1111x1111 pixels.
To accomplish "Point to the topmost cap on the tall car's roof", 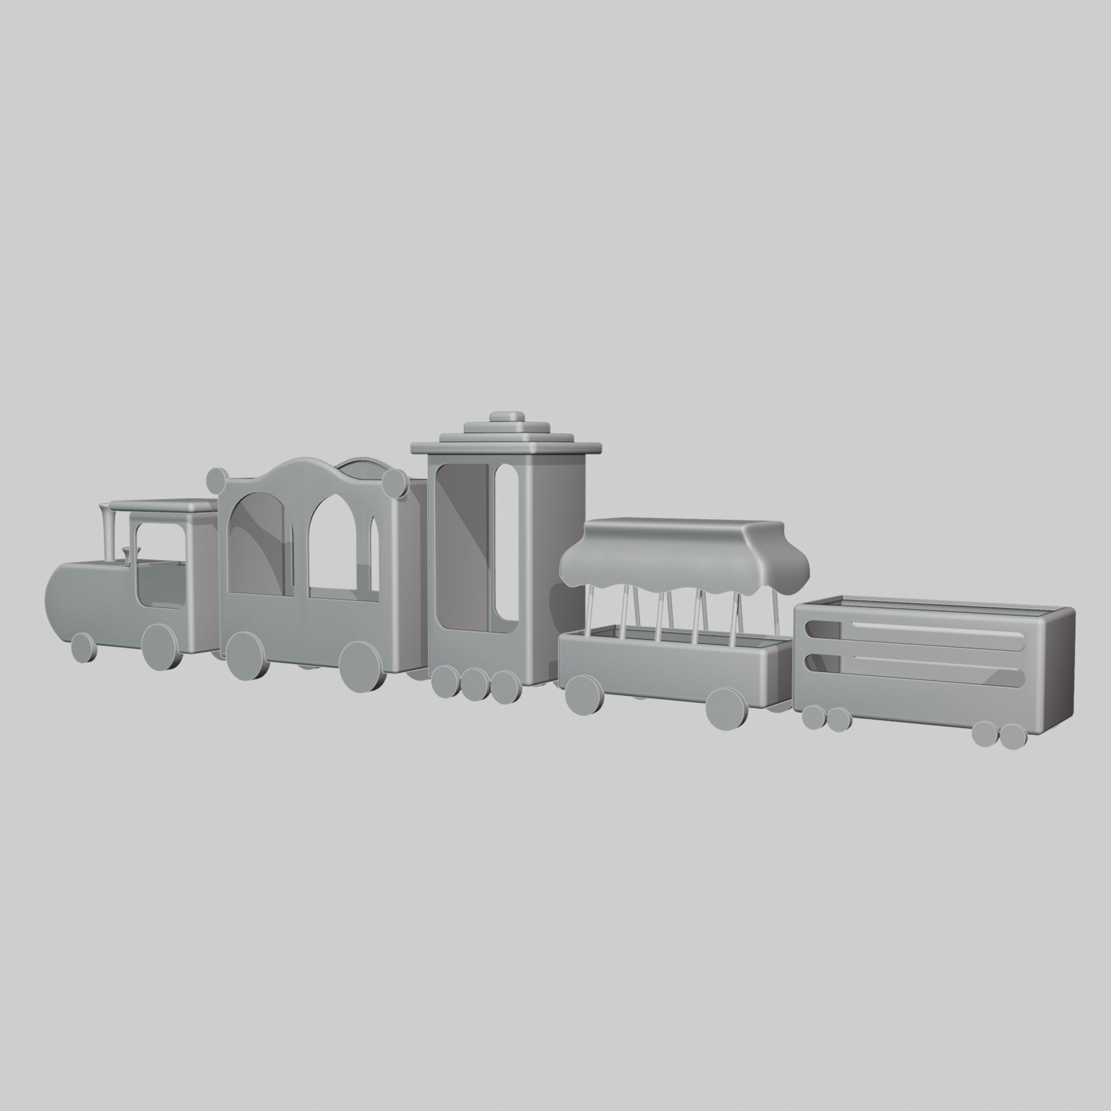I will (x=506, y=418).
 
